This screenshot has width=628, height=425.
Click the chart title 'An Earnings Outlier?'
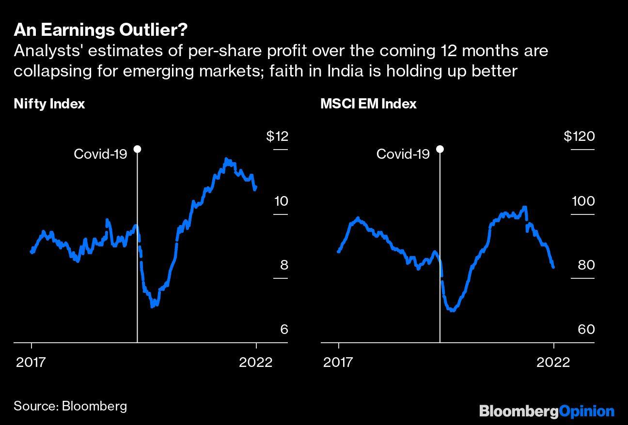pyautogui.click(x=101, y=30)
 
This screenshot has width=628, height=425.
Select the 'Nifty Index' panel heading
pyautogui.click(x=49, y=104)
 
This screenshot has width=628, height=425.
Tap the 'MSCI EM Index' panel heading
pyautogui.click(x=368, y=104)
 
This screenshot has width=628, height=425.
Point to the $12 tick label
pyautogui.click(x=277, y=137)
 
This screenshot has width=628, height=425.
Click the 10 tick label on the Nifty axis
pyautogui.click(x=281, y=201)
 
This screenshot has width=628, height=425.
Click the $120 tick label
pyautogui.click(x=579, y=137)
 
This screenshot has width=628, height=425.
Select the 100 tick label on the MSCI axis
pyautogui.click(x=582, y=201)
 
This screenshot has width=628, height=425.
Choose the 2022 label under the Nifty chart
pyautogui.click(x=256, y=362)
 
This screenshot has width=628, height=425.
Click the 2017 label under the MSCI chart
pyautogui.click(x=338, y=362)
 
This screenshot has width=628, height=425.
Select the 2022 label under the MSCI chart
pyautogui.click(x=553, y=362)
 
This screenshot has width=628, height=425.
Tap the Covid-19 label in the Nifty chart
pyautogui.click(x=100, y=154)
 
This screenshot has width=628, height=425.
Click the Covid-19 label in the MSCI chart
pyautogui.click(x=403, y=154)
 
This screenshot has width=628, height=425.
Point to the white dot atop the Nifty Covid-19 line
pyautogui.click(x=137, y=149)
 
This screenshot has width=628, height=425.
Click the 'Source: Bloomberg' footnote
pyautogui.click(x=70, y=406)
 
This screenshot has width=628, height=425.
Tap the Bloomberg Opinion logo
pyautogui.click(x=547, y=411)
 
